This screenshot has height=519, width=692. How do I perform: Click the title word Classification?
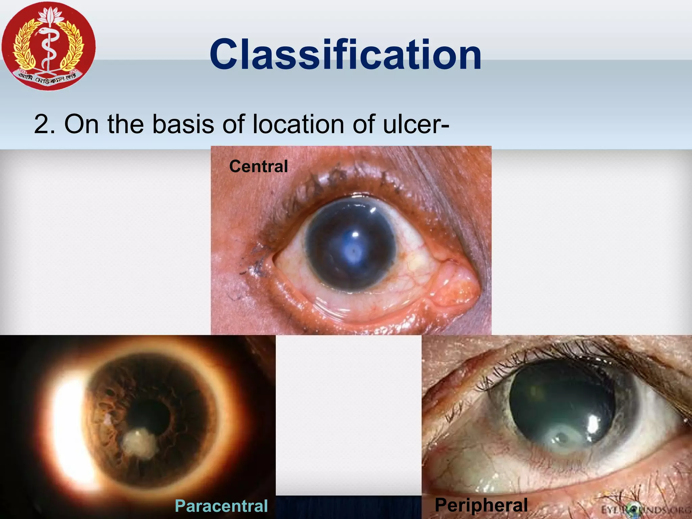click(x=345, y=55)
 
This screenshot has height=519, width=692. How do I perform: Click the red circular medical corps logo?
click(x=49, y=46)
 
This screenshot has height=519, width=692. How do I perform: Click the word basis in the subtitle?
click(x=183, y=124)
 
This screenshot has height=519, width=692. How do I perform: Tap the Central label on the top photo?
click(x=258, y=166)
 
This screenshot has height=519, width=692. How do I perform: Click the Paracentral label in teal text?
click(x=221, y=506)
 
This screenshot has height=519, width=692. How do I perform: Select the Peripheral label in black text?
click(x=481, y=505)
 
